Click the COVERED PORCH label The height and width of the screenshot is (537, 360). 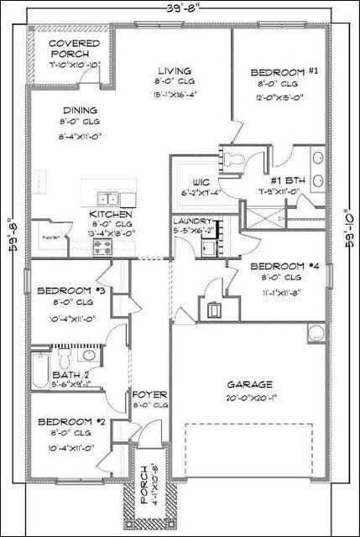coord(73,49)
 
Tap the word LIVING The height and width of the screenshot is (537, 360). coord(174,71)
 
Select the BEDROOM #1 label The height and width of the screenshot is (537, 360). coord(284,73)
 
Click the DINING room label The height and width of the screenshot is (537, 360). coord(79,110)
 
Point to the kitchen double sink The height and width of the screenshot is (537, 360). coord(107,199)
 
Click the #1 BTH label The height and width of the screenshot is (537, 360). coord(287,180)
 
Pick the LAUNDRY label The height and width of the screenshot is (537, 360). coord(195,221)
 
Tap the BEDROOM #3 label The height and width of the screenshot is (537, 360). coord(70,291)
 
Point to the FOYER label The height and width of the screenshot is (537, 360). coord(150,394)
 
